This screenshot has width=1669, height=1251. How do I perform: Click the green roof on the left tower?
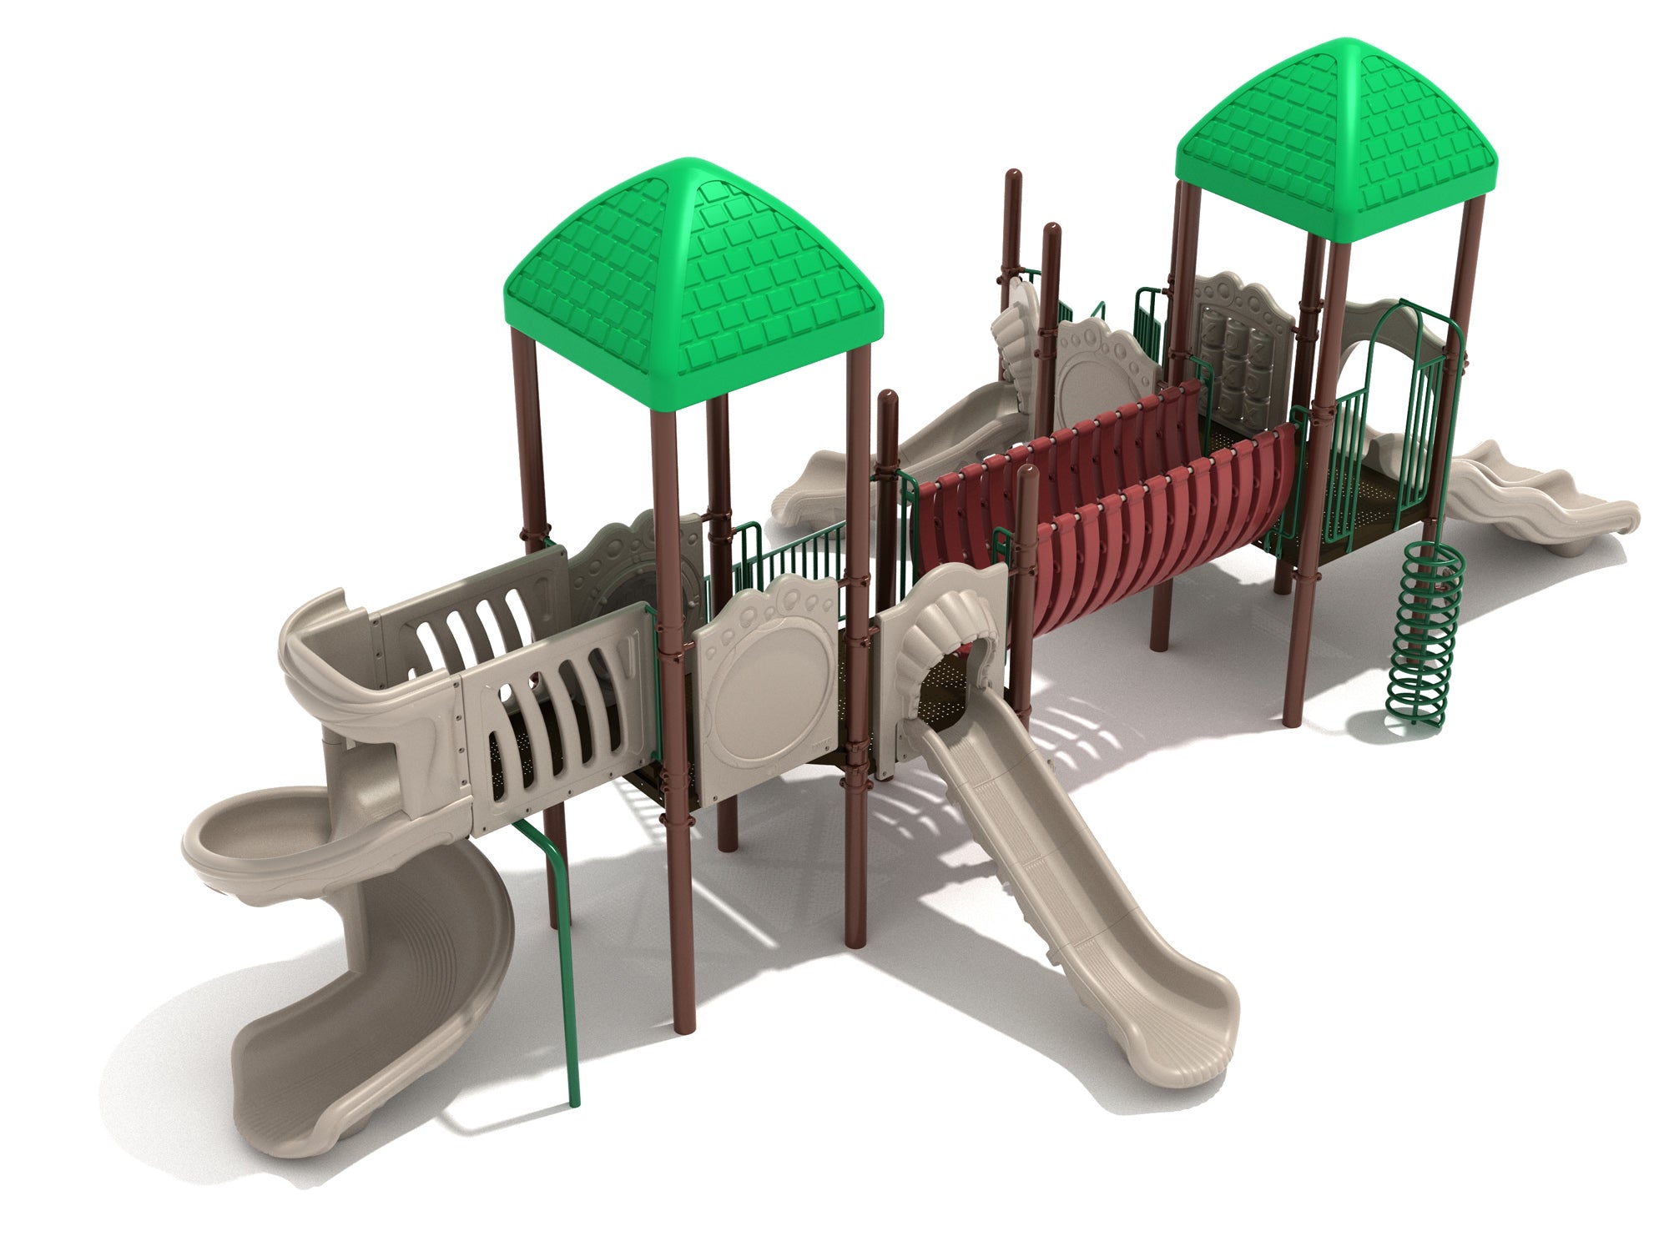point(693,284)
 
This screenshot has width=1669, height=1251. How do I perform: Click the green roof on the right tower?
point(1335,142)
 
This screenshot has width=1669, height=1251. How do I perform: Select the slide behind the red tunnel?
point(901,450)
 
